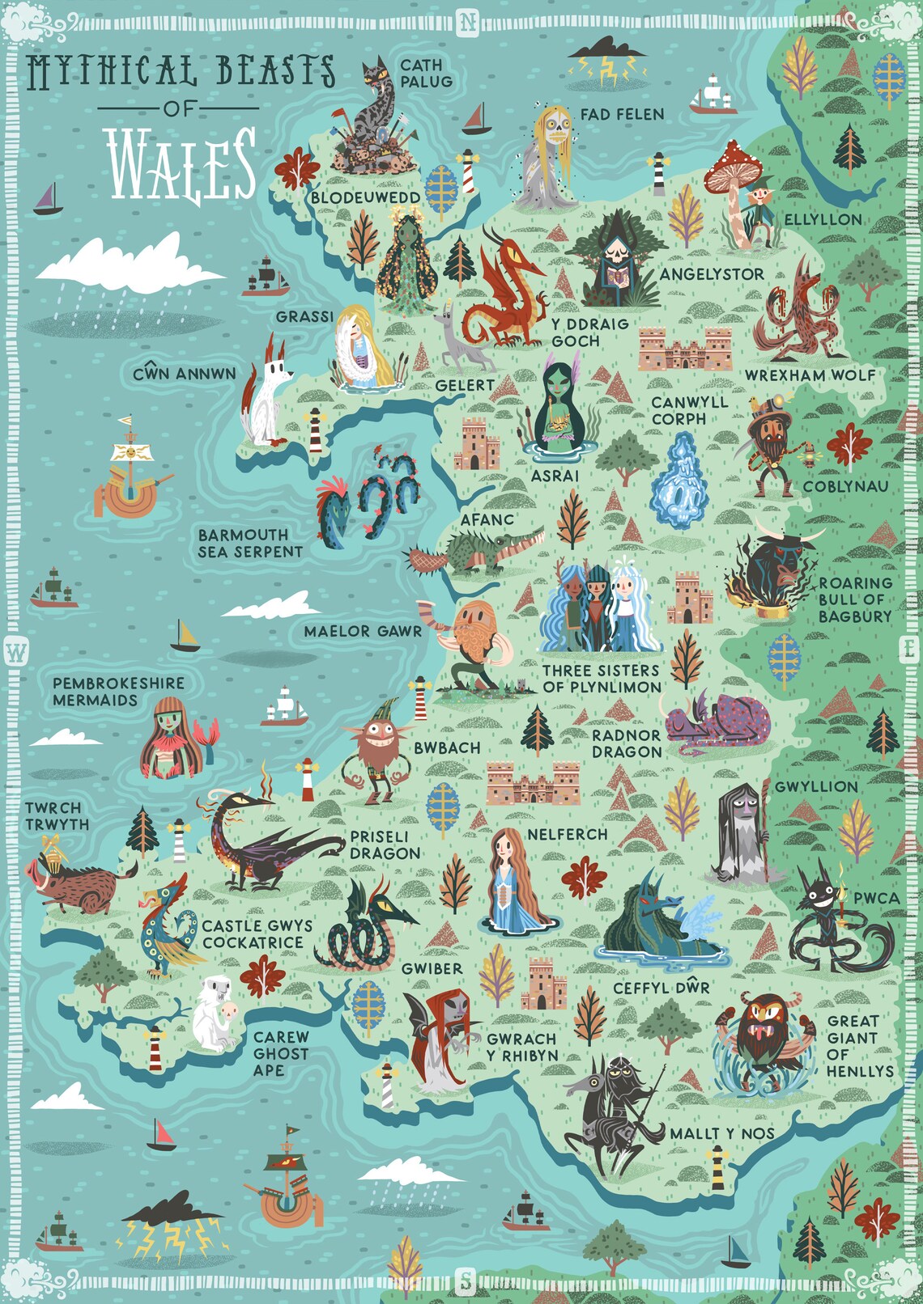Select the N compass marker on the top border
[x=468, y=22]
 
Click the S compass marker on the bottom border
[x=466, y=1281]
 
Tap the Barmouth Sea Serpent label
[x=250, y=544]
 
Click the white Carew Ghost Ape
[x=215, y=1013]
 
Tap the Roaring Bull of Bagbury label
[x=855, y=599]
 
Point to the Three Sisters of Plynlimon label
[x=602, y=679]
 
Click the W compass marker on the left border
[x=16, y=651]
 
